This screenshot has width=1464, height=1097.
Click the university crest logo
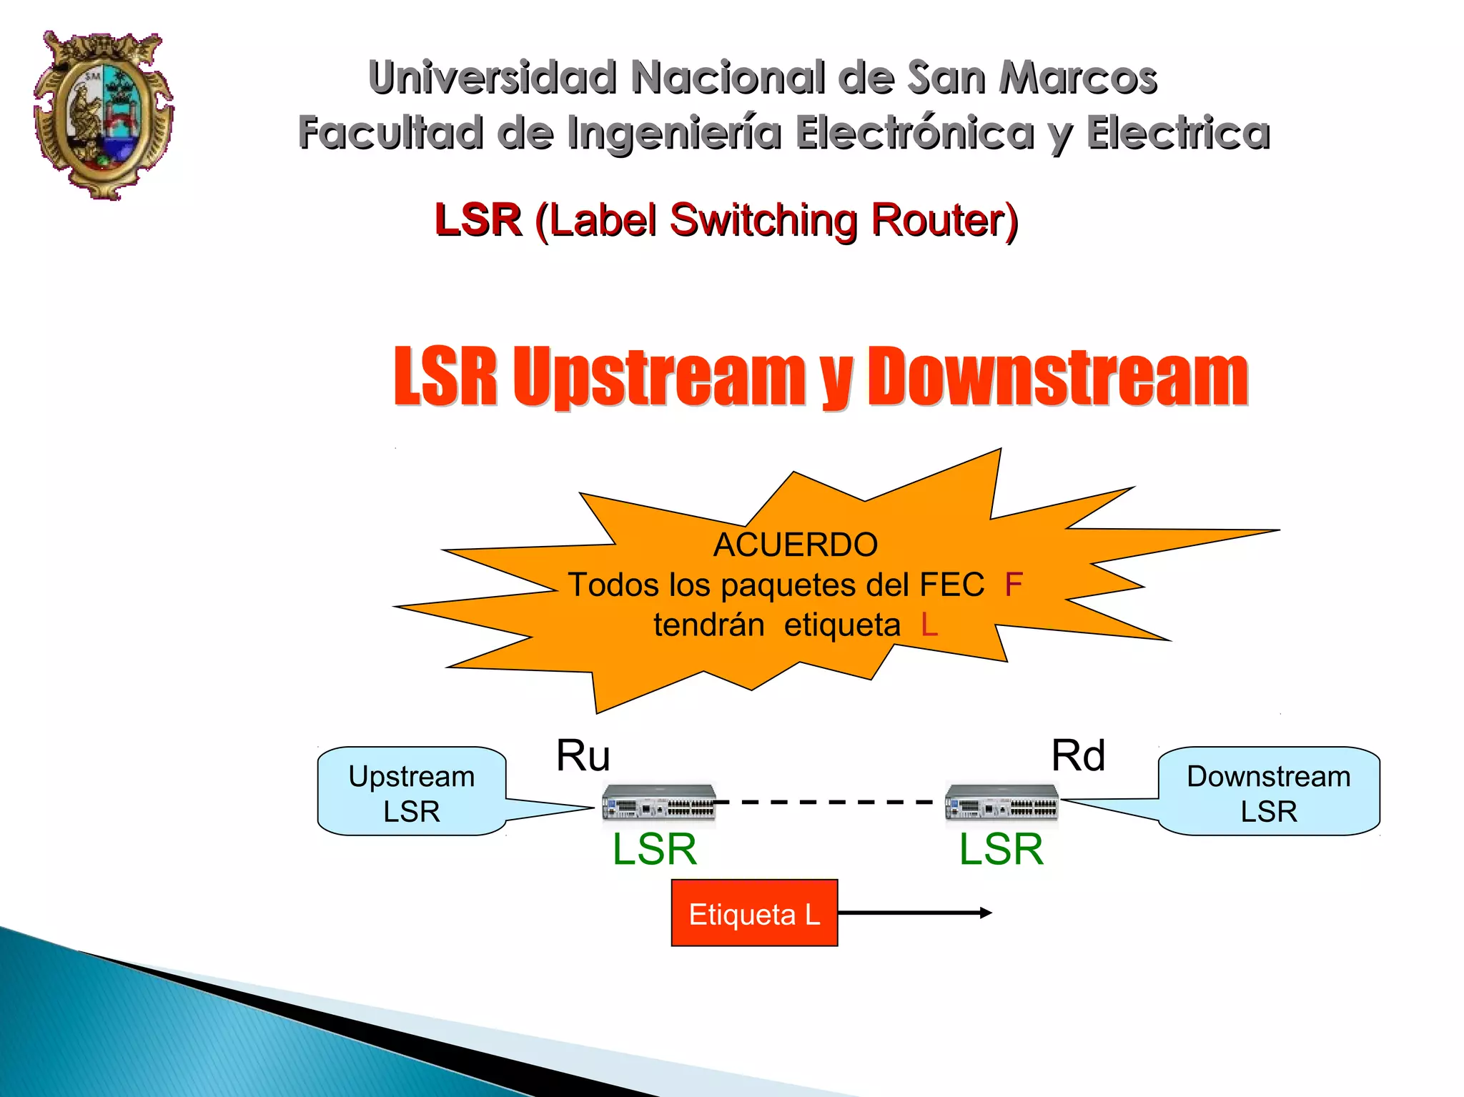point(104,114)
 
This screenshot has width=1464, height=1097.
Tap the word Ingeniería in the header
point(674,133)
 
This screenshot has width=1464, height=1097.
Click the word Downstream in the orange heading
point(1058,377)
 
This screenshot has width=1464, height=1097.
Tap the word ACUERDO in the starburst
point(795,545)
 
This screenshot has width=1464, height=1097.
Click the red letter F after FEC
point(1013,585)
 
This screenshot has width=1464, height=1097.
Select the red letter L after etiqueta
point(929,625)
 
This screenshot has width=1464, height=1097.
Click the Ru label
point(583,755)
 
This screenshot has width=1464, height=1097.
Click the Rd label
point(1078,755)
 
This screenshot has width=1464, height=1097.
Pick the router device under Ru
point(658,802)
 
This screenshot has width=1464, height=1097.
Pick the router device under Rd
point(1001,802)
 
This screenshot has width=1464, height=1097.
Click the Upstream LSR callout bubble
point(412,792)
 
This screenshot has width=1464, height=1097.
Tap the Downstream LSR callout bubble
point(1269,792)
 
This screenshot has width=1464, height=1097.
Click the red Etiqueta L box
point(754,913)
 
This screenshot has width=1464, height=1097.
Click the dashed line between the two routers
point(829,802)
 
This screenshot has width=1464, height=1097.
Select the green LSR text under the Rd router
point(1001,849)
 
